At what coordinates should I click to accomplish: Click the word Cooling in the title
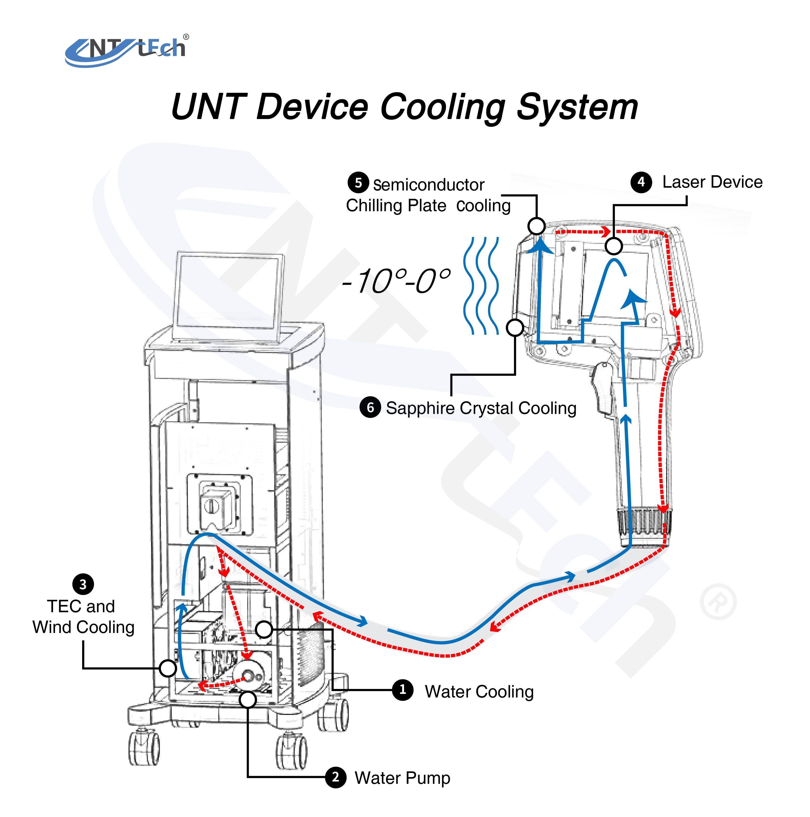pyautogui.click(x=442, y=107)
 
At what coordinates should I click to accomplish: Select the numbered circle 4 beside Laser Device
pyautogui.click(x=641, y=182)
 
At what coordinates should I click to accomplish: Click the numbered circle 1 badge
pyautogui.click(x=402, y=690)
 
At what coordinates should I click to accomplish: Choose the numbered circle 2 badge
pyautogui.click(x=336, y=777)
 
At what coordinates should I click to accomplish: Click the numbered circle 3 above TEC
pyautogui.click(x=83, y=584)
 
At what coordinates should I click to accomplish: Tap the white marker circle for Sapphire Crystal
pyautogui.click(x=515, y=327)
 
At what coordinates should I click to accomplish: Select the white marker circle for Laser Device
pyautogui.click(x=613, y=246)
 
